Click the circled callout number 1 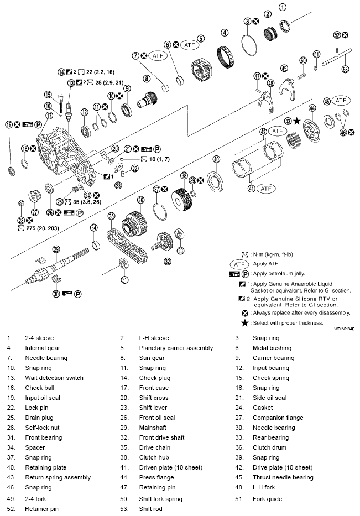283,7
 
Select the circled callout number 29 56,249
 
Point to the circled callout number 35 111,216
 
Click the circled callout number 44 312,108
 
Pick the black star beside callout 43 297,121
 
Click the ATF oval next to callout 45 342,101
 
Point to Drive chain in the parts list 154,447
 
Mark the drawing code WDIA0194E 343,328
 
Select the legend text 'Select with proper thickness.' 285,322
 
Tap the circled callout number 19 9,124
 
